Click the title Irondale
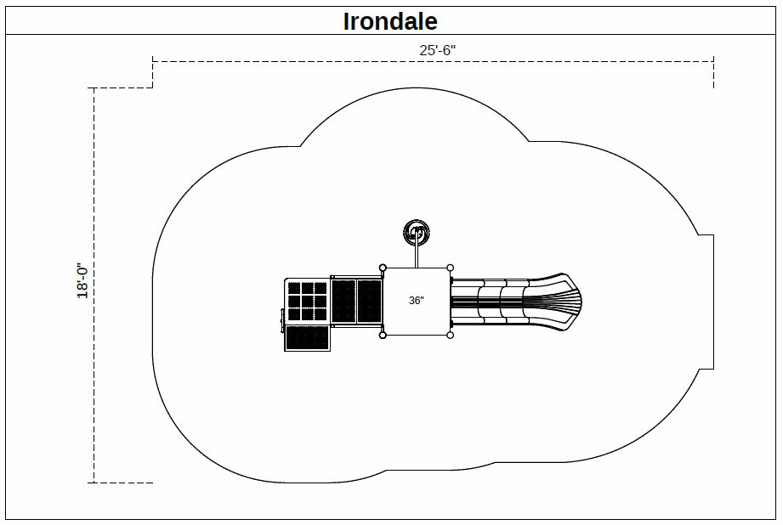(390, 21)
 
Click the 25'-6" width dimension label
(438, 50)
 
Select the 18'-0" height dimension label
(82, 281)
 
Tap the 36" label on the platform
(416, 301)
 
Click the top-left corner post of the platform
(383, 268)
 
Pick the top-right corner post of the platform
(450, 268)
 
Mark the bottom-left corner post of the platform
(383, 336)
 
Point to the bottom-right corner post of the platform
(450, 336)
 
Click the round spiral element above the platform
(417, 232)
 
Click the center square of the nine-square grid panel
(307, 302)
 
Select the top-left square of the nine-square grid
(294, 289)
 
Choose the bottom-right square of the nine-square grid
(321, 314)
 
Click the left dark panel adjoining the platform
(343, 302)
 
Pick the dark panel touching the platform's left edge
(370, 302)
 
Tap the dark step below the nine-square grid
(307, 338)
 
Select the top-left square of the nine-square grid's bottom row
(294, 314)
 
